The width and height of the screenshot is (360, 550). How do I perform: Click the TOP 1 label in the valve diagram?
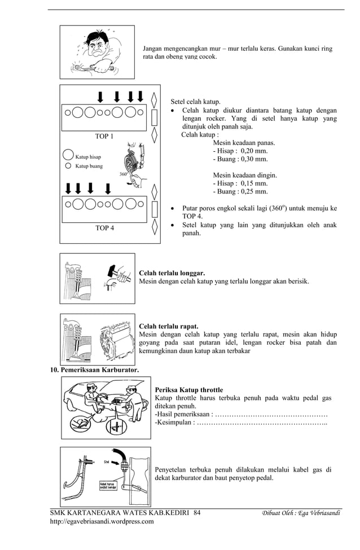(104, 137)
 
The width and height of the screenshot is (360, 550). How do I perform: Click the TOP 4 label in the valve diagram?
(104, 228)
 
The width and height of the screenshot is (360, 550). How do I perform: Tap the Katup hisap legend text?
(89, 157)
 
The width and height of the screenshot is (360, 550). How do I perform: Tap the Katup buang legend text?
(89, 166)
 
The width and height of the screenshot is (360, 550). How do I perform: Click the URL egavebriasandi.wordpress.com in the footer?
(102, 522)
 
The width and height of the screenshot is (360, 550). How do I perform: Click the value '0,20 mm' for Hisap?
(254, 151)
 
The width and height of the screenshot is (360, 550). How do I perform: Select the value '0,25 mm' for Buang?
(254, 191)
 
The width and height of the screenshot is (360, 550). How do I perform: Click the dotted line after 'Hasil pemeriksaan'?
(271, 414)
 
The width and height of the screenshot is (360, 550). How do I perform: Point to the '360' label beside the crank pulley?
(122, 174)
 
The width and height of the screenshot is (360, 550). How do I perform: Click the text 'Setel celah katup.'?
(195, 102)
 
